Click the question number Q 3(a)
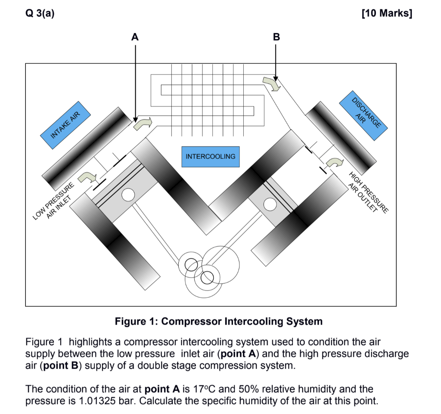(x=40, y=13)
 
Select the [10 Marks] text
(x=387, y=13)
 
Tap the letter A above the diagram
(x=135, y=37)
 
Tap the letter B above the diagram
(x=276, y=37)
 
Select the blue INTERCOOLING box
(x=211, y=156)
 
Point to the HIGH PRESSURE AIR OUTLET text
(x=367, y=192)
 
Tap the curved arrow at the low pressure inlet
(x=88, y=176)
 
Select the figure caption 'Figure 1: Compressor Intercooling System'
(x=218, y=321)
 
